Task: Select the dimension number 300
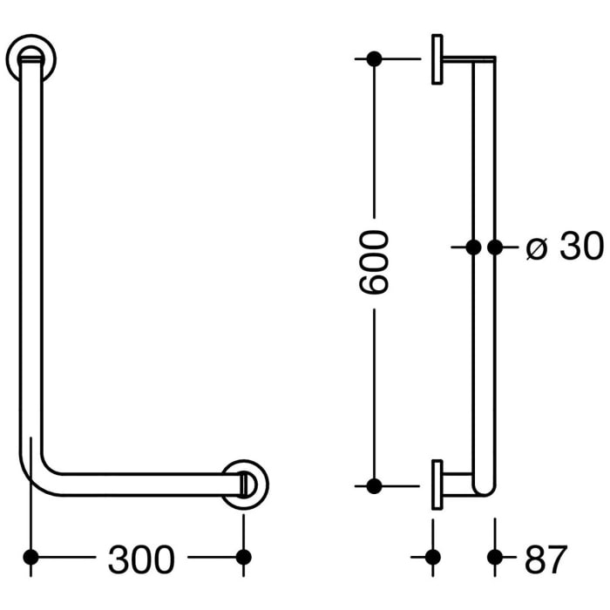click(x=141, y=559)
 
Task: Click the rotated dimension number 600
click(x=373, y=261)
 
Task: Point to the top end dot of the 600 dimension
click(x=374, y=59)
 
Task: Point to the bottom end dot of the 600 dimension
click(x=374, y=485)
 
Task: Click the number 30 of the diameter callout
click(x=581, y=248)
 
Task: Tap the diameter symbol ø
click(x=538, y=249)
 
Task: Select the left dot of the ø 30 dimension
click(x=474, y=247)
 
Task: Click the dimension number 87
click(x=546, y=559)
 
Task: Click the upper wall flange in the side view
click(x=437, y=59)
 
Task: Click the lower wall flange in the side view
click(x=437, y=485)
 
